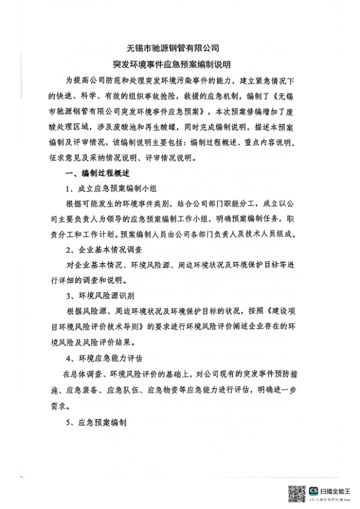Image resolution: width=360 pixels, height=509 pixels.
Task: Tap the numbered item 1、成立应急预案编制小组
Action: pos(107,189)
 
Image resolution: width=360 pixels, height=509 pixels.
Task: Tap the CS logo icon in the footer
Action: pos(313,491)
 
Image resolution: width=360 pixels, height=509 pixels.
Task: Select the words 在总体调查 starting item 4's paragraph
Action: pos(84,374)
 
